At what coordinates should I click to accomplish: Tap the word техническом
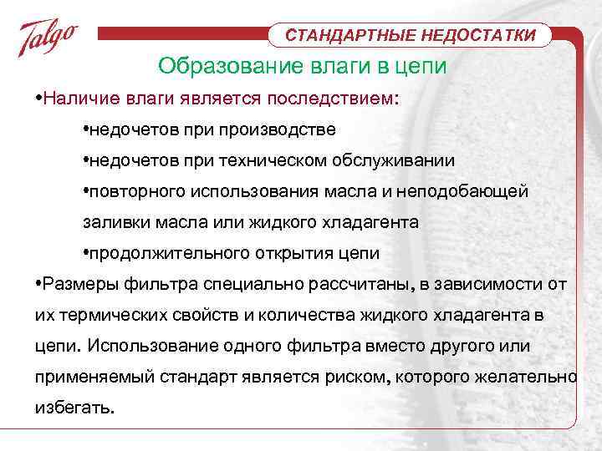click(271, 160)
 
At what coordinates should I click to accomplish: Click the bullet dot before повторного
click(87, 191)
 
